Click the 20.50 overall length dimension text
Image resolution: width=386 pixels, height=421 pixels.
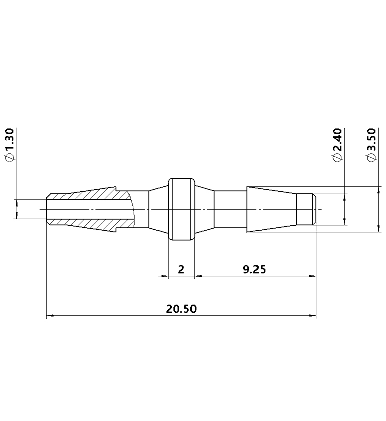[x=181, y=309]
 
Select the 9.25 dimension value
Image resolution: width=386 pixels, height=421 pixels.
[x=254, y=269]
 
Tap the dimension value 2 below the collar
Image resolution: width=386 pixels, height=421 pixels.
[x=181, y=269]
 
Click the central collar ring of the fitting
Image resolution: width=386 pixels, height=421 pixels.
[x=181, y=209]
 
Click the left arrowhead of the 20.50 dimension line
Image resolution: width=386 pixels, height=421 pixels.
[x=50, y=316]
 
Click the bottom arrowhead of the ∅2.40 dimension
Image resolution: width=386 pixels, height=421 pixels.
[x=345, y=221]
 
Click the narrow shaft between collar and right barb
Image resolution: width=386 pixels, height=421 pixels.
[x=230, y=209]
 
